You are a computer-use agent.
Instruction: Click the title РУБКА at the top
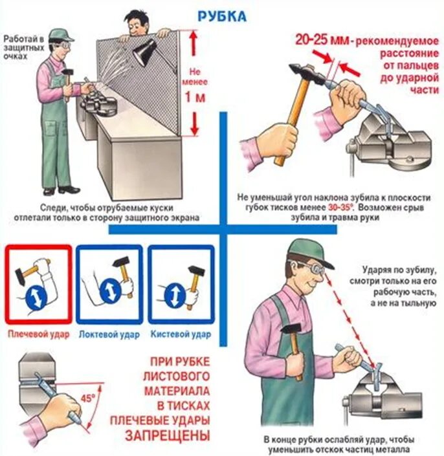point(222,17)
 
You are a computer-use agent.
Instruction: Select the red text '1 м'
point(195,98)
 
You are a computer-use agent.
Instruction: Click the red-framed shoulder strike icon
point(38,284)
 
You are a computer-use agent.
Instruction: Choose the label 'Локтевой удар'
point(109,334)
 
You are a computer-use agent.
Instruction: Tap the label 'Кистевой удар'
point(181,334)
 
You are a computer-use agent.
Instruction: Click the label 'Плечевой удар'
point(39,334)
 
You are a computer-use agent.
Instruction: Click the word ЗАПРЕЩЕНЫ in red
point(168,435)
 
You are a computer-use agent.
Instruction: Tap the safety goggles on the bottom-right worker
point(313,268)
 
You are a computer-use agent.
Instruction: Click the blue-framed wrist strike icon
point(181,284)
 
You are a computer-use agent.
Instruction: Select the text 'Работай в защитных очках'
point(24,47)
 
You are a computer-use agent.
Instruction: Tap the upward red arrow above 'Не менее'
point(194,43)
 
